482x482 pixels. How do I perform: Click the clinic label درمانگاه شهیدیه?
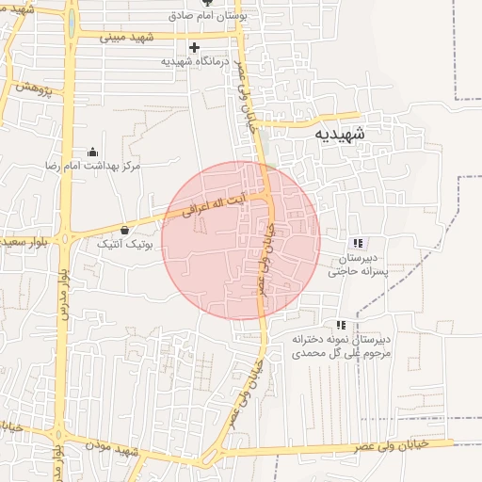[x=195, y=61]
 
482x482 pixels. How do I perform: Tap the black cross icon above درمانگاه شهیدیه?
[x=195, y=47]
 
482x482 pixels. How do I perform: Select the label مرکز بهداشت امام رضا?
[x=92, y=166]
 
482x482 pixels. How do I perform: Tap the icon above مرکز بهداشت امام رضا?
[x=92, y=152]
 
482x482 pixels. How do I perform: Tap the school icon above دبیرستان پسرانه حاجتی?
[x=356, y=243]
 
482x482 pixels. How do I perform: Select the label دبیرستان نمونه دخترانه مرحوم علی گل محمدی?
[x=342, y=345]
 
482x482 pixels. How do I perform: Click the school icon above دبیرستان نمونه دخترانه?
[x=341, y=324]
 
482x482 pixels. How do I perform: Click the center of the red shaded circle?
[x=241, y=240]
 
